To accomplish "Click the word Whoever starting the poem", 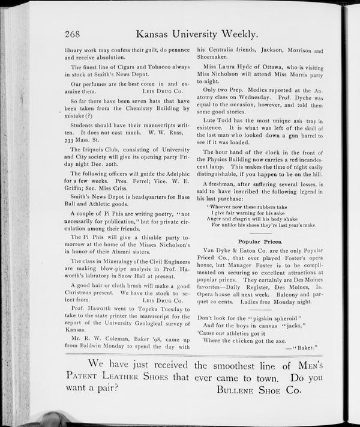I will pos(221,207).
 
